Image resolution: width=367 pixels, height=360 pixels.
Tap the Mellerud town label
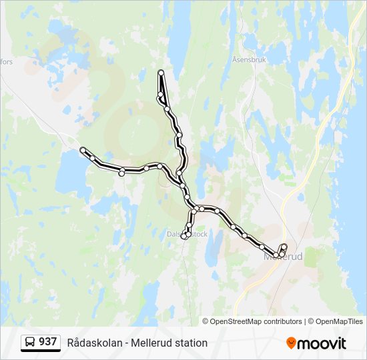click(284, 256)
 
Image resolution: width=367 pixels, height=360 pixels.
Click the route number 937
click(47, 342)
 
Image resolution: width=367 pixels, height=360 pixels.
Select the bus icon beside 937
click(31, 343)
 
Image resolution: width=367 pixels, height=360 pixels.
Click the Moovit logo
click(316, 343)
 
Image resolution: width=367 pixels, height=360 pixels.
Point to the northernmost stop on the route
click(161, 73)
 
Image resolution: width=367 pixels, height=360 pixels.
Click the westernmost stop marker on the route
click(83, 150)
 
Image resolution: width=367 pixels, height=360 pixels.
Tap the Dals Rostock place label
click(188, 234)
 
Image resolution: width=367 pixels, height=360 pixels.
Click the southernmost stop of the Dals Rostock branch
click(185, 235)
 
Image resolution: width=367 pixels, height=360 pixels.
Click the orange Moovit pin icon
click(291, 343)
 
